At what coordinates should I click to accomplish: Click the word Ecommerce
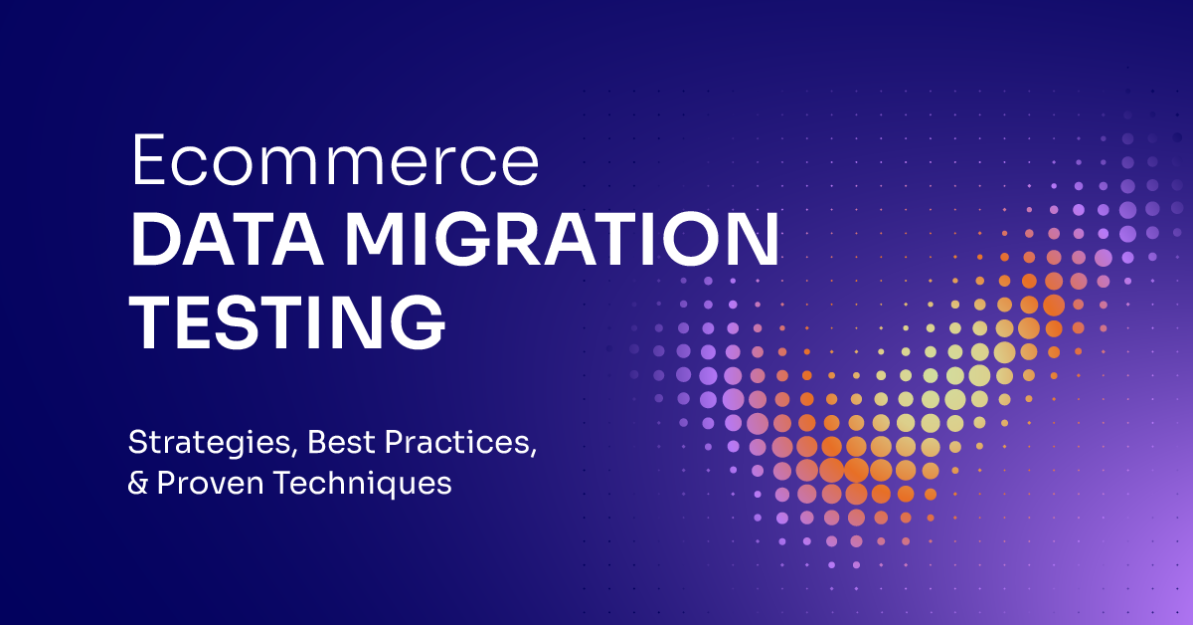(336, 162)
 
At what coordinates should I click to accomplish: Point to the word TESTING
(288, 320)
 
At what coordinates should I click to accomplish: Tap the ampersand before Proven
(139, 484)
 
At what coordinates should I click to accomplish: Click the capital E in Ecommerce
(149, 162)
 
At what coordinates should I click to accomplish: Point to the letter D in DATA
(156, 242)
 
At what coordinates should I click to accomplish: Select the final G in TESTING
(418, 320)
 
